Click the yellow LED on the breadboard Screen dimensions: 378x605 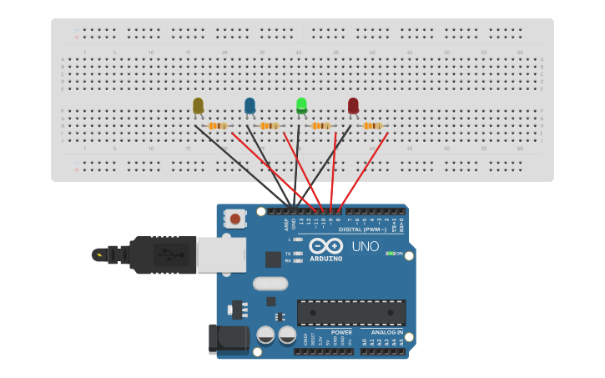198,106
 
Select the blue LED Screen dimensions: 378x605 250,105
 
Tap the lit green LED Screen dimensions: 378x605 301,105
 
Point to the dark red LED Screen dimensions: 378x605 353,105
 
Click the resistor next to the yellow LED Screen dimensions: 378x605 217,126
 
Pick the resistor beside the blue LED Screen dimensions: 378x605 269,126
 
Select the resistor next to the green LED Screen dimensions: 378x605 320,126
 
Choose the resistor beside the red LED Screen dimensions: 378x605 372,126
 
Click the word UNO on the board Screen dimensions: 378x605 365,247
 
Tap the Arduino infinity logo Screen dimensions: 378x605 325,246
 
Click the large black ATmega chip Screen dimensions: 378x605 351,312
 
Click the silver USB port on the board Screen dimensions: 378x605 221,255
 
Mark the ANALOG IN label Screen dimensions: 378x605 387,332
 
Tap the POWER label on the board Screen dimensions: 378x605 341,332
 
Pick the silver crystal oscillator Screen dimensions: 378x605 270,284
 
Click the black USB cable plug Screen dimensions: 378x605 162,255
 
